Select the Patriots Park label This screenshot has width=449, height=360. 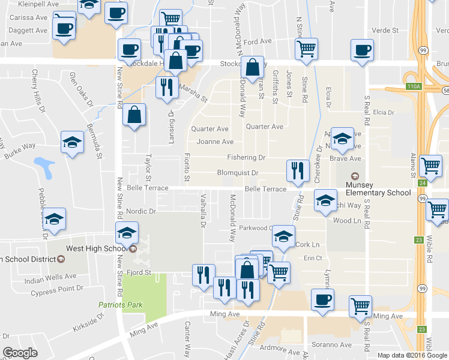[x=121, y=305]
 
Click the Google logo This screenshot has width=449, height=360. [x=20, y=353]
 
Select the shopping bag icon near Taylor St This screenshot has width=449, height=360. [x=134, y=115]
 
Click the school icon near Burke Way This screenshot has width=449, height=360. [x=72, y=143]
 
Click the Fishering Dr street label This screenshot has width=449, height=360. [x=246, y=158]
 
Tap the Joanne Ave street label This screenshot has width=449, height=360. [x=215, y=142]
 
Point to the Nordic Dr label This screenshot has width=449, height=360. [x=141, y=211]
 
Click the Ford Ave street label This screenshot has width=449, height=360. [x=258, y=42]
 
